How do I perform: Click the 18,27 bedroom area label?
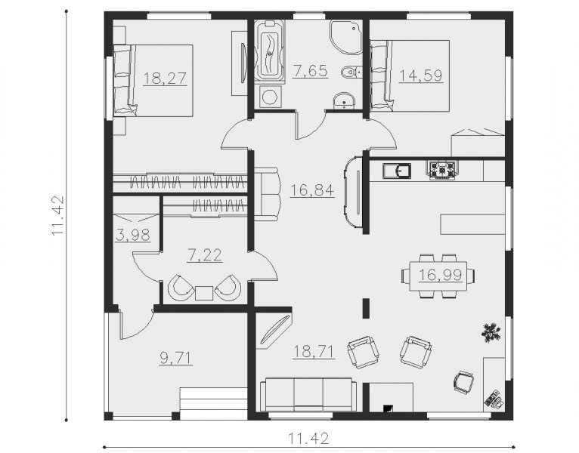point(165,79)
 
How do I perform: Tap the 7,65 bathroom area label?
point(310,71)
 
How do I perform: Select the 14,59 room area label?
point(421,75)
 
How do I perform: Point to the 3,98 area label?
point(133,235)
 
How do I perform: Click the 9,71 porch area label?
point(176,358)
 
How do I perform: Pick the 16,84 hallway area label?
point(312,190)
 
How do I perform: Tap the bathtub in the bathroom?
point(270,51)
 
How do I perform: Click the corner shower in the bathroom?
point(346,37)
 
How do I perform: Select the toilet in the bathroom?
point(352,72)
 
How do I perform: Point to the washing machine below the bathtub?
point(271,97)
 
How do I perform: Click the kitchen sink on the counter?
point(397,171)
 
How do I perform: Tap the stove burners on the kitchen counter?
point(442,169)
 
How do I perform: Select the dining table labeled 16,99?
point(438,276)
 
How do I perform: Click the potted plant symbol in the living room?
point(491,332)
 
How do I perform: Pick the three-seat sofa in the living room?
point(308,394)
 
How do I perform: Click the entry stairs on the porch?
point(213,403)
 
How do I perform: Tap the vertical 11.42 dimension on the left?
point(57,215)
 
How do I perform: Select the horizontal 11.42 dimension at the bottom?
point(308,438)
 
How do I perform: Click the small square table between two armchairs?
point(204,293)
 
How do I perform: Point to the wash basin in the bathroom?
point(344,100)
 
